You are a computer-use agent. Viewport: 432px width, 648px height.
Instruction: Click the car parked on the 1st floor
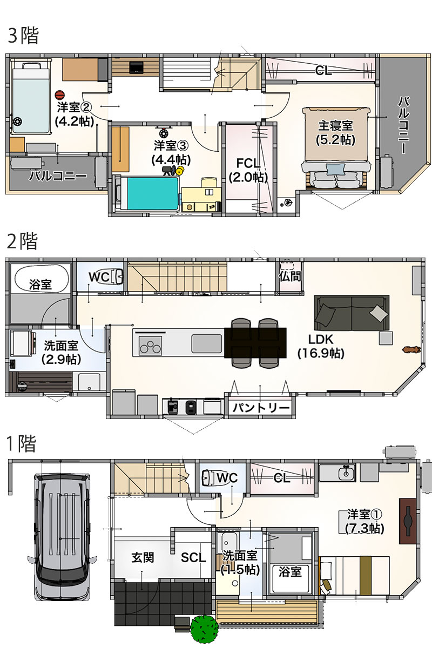coord(62,539)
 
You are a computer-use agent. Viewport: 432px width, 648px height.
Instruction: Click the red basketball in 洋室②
coord(59,96)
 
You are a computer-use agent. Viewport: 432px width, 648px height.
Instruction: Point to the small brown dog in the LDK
coord(410,350)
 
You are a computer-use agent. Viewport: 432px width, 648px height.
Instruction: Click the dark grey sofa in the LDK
coord(352,313)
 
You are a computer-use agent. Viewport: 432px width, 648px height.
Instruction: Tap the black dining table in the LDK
coord(255,343)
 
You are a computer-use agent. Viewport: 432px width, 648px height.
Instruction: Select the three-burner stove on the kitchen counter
coord(151,346)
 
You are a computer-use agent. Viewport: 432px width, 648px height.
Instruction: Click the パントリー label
coord(261,408)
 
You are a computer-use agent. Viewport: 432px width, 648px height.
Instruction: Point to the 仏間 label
coord(290,276)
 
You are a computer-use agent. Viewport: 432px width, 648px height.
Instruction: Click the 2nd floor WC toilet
coord(117,276)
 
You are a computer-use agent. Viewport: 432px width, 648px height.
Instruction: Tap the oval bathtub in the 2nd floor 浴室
coord(41,279)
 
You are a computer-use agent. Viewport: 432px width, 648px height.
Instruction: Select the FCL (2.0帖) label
coord(248,171)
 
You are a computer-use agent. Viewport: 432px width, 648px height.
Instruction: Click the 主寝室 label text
coord(335,126)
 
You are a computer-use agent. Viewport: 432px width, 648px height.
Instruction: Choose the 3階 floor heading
coord(23,36)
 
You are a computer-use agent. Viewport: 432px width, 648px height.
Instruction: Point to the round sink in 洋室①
coord(346,473)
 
